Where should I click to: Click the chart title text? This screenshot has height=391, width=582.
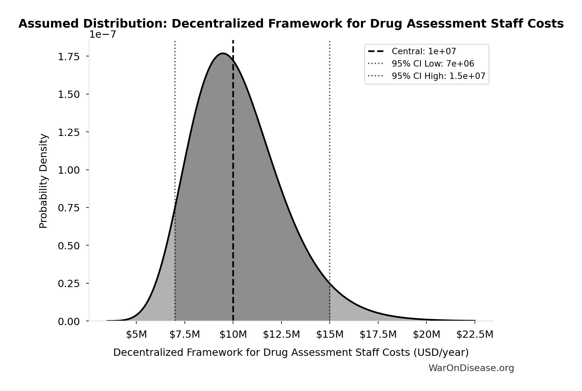(x=291, y=24)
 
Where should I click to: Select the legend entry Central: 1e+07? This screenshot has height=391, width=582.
(x=424, y=51)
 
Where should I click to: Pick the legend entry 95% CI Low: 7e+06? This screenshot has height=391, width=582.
(x=433, y=64)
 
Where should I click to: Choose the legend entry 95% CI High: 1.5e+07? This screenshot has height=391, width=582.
(x=438, y=76)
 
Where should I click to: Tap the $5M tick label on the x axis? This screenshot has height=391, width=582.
(x=136, y=335)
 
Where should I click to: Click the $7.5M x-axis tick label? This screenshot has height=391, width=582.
(x=184, y=335)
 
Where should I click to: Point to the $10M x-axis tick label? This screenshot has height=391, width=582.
(x=233, y=335)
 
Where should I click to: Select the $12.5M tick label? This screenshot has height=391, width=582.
(x=281, y=335)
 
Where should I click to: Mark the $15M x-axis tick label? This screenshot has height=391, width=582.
(x=330, y=335)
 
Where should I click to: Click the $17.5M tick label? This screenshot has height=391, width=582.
(x=378, y=335)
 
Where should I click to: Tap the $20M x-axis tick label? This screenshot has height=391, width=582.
(x=426, y=335)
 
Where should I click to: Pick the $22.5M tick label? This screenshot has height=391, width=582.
(x=475, y=335)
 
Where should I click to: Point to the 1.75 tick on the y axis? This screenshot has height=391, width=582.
(x=68, y=57)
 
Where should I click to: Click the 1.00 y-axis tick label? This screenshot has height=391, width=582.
(x=68, y=170)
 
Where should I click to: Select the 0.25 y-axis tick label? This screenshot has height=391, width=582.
(x=68, y=284)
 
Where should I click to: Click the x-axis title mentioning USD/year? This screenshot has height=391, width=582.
(x=291, y=352)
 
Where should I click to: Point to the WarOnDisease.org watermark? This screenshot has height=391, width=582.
(x=471, y=368)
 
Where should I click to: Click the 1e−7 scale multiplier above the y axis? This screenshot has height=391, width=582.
(x=102, y=35)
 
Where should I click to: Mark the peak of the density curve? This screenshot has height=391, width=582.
(x=223, y=53)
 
